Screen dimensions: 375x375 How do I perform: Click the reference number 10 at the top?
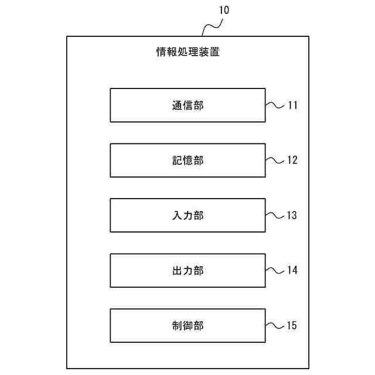225,11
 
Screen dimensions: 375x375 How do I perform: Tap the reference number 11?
292,105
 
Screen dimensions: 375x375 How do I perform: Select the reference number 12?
292,160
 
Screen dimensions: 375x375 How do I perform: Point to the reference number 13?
292,215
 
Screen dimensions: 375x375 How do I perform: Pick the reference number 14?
292,270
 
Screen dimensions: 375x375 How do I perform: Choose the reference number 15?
292,325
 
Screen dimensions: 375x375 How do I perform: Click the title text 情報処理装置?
187,52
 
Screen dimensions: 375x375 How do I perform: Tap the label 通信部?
187,105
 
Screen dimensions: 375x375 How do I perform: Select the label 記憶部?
187,160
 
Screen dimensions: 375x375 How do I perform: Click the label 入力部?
187,215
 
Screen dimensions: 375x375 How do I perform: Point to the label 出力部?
187,270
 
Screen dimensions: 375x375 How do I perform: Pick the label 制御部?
187,325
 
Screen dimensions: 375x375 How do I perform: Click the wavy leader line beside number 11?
274,105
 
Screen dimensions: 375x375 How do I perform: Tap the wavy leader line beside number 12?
274,160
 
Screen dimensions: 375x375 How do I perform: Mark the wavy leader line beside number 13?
274,215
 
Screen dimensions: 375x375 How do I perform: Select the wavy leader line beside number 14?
274,270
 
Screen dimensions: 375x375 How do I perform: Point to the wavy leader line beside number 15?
274,325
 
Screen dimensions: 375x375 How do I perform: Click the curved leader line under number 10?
212,26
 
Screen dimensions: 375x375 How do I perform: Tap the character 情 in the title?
161,52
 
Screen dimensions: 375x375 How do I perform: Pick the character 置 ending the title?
214,52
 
